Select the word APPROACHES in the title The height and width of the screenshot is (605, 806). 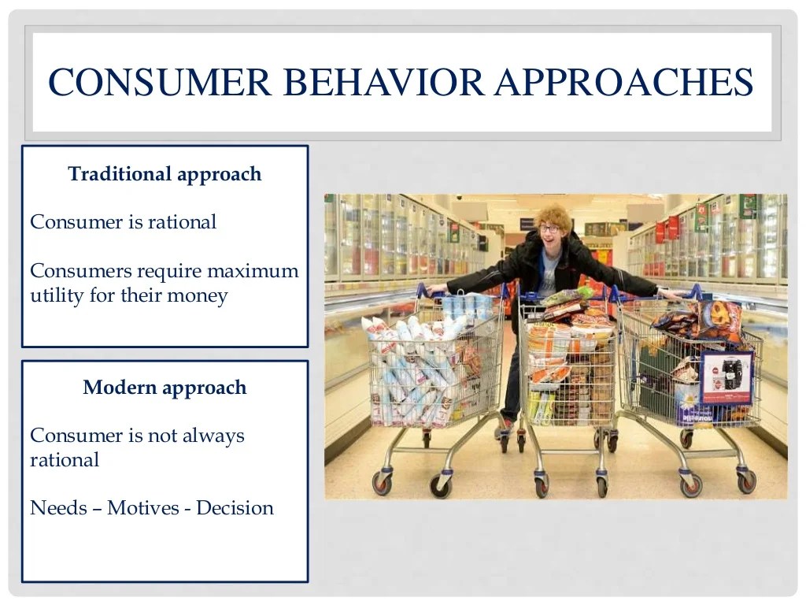pos(623,83)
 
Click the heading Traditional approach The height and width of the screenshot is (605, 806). pos(165,174)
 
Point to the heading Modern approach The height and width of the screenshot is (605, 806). pos(165,388)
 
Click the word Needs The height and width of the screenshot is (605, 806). pos(57,508)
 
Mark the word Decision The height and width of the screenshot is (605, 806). pos(235,508)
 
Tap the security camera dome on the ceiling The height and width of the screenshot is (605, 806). pos(459,197)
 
